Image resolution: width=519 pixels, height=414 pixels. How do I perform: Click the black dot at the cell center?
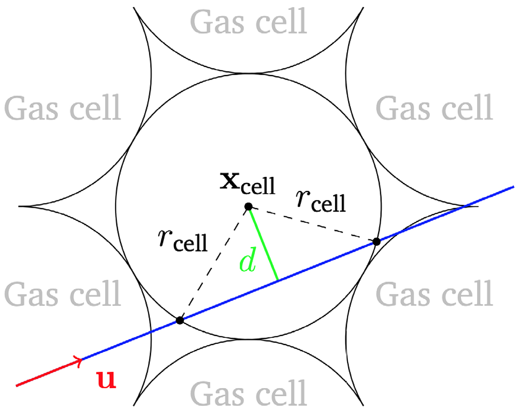click(248, 206)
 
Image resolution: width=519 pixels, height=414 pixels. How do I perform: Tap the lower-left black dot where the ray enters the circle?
click(179, 321)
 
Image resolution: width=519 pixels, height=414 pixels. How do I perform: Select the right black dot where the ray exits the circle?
click(376, 241)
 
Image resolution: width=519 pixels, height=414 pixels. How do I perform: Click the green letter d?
click(247, 262)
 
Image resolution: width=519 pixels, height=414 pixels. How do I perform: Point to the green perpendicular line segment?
click(263, 244)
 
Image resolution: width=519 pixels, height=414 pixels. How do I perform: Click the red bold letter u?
click(106, 380)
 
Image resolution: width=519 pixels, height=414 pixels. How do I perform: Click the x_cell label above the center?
click(248, 183)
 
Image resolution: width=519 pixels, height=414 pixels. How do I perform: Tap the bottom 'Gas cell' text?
click(249, 393)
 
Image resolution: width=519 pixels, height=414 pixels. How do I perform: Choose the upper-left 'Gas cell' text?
click(62, 107)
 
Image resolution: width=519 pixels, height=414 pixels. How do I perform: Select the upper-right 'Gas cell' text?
click(434, 107)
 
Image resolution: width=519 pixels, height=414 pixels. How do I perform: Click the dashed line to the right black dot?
click(313, 224)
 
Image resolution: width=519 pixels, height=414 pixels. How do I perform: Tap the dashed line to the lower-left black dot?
click(214, 263)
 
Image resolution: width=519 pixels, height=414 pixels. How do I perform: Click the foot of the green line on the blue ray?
click(279, 280)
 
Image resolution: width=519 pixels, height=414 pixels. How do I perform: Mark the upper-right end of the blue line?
click(514, 186)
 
